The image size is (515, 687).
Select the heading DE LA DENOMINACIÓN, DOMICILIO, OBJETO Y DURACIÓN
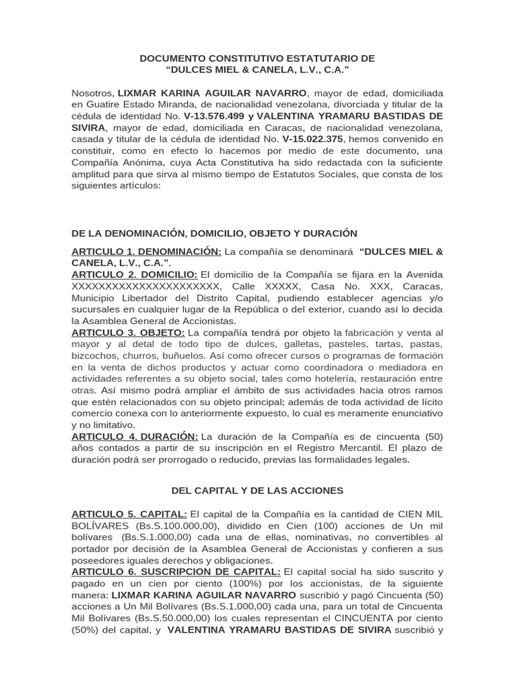tap(214, 233)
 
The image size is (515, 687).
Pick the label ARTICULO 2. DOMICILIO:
tap(134, 274)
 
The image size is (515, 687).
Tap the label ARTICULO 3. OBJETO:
tap(128, 332)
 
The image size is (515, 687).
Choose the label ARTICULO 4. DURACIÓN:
tap(135, 436)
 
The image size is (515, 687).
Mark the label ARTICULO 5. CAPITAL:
tap(129, 514)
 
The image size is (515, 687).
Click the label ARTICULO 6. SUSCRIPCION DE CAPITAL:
tap(176, 572)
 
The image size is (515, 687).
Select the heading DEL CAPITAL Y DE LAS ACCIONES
tap(207, 490)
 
